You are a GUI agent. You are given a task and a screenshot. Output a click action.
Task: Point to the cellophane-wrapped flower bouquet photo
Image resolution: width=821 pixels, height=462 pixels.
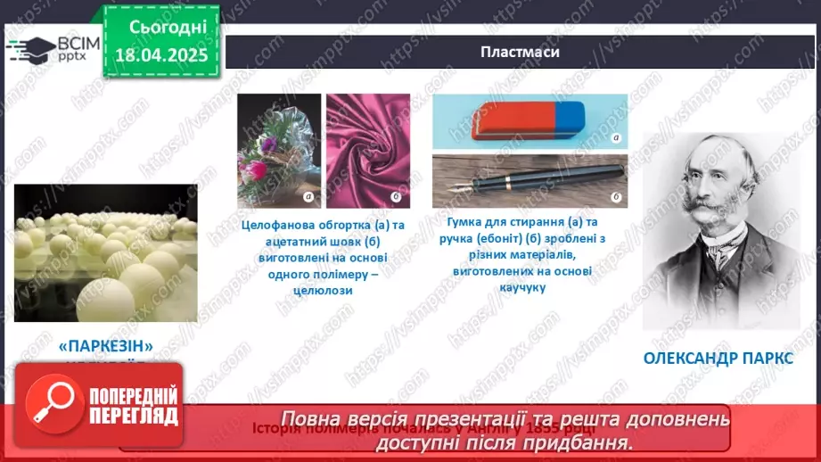coord(278,151)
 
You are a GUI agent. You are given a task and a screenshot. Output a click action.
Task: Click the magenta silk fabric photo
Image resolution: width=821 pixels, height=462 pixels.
coord(362,151)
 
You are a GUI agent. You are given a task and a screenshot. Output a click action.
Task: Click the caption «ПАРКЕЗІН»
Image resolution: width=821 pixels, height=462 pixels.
coord(106,345)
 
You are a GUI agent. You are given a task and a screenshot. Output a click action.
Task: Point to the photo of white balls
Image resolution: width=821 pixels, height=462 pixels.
coord(105,252)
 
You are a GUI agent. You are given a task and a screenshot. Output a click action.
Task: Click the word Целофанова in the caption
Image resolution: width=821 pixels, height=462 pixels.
coord(275,225)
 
